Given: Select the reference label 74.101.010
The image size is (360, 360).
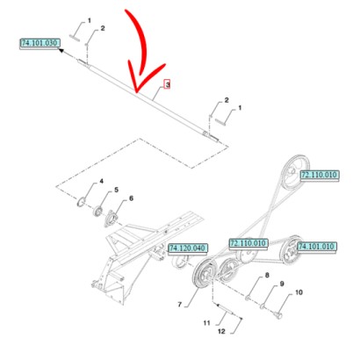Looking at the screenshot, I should (317, 248).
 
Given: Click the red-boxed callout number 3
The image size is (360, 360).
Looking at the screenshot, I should (167, 85).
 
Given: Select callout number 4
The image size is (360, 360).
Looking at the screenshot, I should (100, 182).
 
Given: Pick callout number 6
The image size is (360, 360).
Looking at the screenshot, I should (132, 198).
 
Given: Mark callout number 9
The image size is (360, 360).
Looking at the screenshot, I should (281, 284).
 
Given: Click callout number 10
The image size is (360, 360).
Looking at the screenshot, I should (299, 292).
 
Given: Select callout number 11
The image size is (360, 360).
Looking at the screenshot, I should (207, 322).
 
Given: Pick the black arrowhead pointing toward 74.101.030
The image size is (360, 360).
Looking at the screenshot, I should (62, 53).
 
